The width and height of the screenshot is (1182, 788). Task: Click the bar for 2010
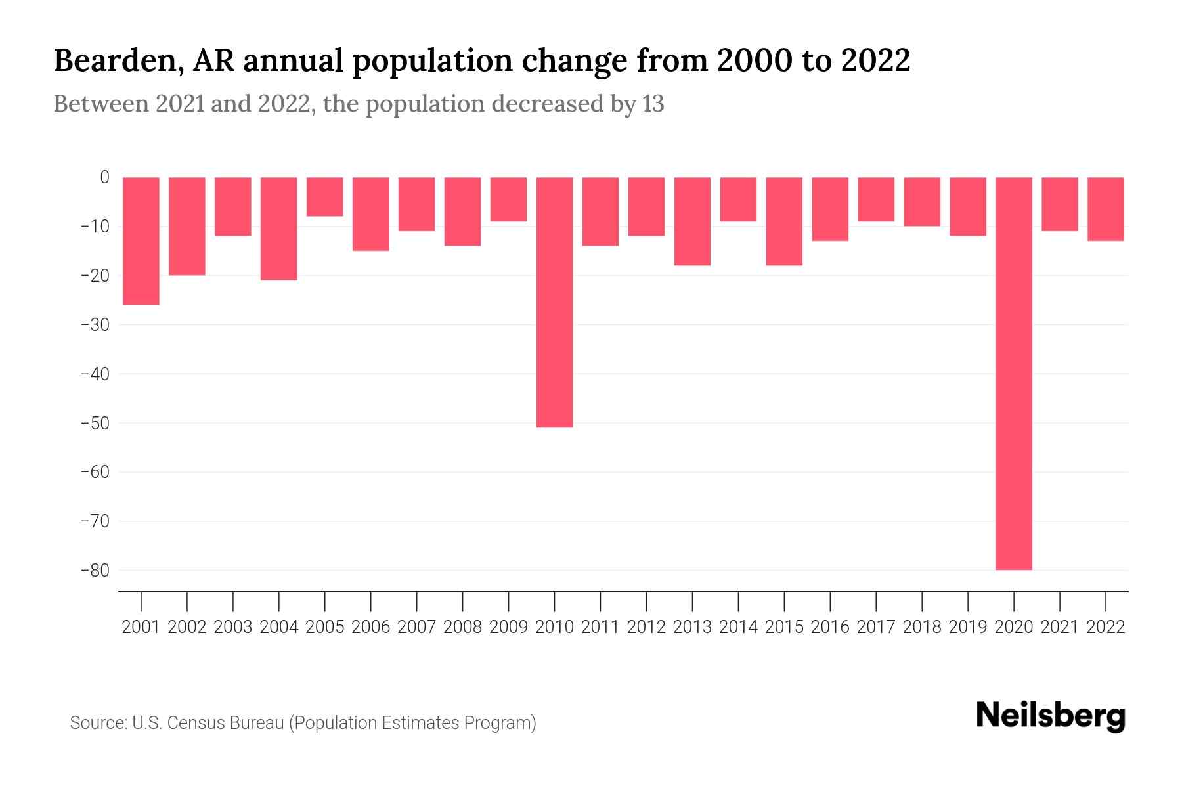554,302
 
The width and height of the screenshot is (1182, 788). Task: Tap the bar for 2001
141,240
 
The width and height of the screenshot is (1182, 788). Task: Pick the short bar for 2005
325,196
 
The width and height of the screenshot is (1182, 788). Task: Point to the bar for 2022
1106,209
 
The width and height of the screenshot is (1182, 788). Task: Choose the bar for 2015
784,221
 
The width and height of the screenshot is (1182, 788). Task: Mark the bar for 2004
279,229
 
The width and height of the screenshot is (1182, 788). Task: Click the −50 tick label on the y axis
95,423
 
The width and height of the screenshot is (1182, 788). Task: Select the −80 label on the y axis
95,570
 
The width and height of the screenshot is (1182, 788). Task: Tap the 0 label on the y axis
104,177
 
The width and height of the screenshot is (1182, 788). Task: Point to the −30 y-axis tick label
95,324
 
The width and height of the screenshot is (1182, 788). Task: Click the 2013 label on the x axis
692,627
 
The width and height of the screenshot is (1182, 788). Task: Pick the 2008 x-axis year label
462,627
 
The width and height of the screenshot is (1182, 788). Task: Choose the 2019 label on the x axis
968,627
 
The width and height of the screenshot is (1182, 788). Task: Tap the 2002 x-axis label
187,627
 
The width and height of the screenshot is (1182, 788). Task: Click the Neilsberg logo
1051,716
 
